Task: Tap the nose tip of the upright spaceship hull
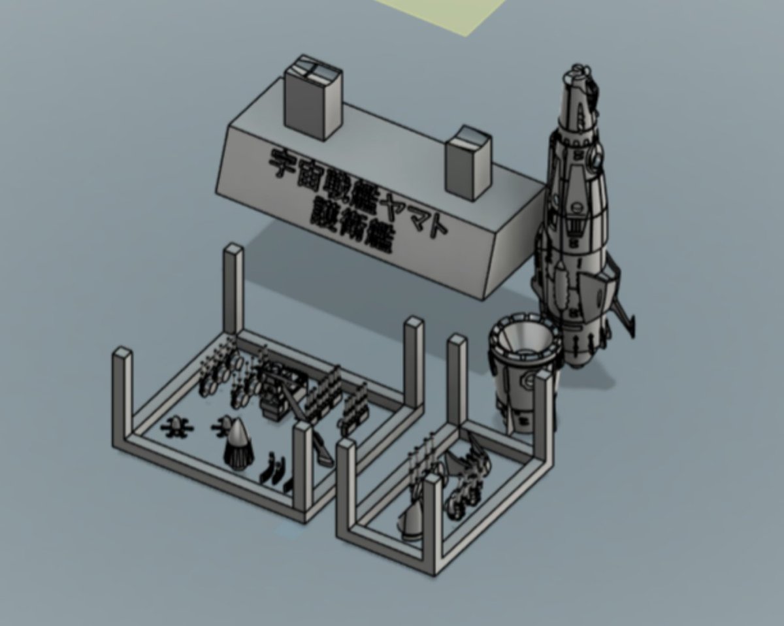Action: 578,68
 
